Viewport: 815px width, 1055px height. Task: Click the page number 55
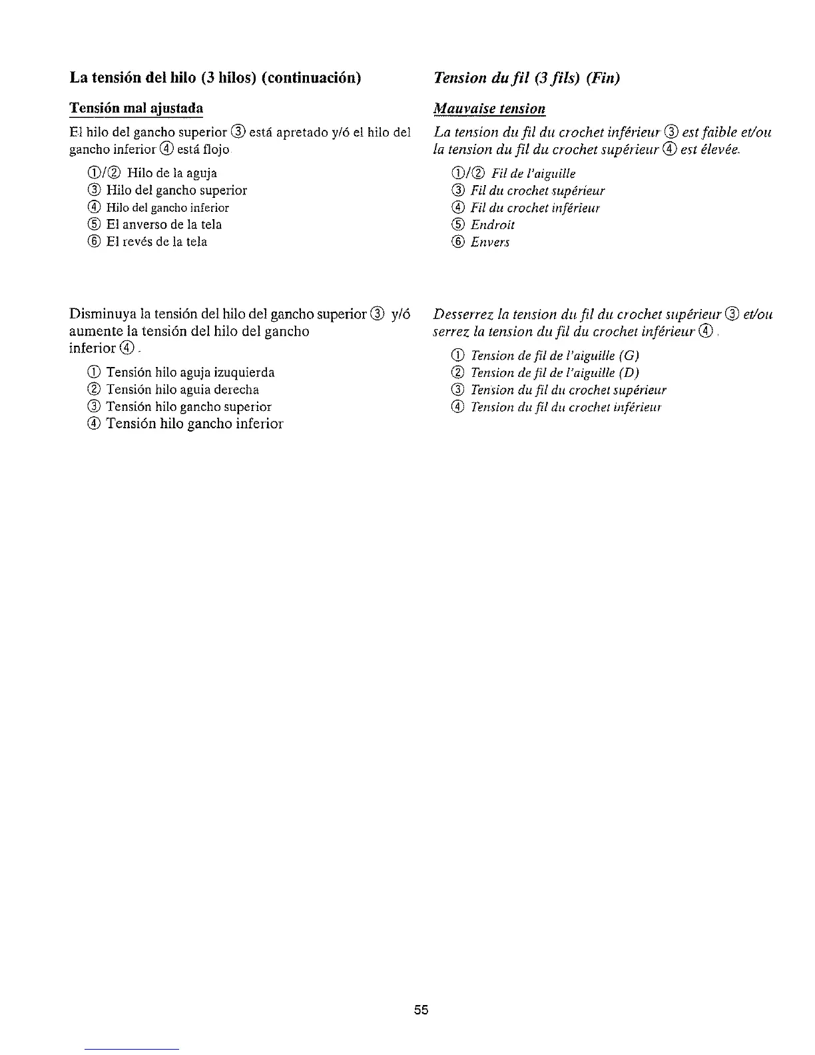(421, 1010)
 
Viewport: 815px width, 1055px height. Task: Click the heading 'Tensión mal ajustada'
(136, 109)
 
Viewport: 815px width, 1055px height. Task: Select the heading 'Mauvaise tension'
(489, 109)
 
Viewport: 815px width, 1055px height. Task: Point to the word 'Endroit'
(493, 225)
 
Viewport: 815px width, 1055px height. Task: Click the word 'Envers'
(490, 242)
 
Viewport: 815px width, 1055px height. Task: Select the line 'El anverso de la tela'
(163, 225)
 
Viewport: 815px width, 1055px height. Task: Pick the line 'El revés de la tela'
(156, 242)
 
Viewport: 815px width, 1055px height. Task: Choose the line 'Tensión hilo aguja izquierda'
(190, 372)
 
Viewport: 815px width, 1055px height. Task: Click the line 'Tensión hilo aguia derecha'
(182, 390)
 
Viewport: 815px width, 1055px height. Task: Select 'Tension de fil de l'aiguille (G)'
(555, 356)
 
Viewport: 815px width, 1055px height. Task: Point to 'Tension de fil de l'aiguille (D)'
(555, 373)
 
